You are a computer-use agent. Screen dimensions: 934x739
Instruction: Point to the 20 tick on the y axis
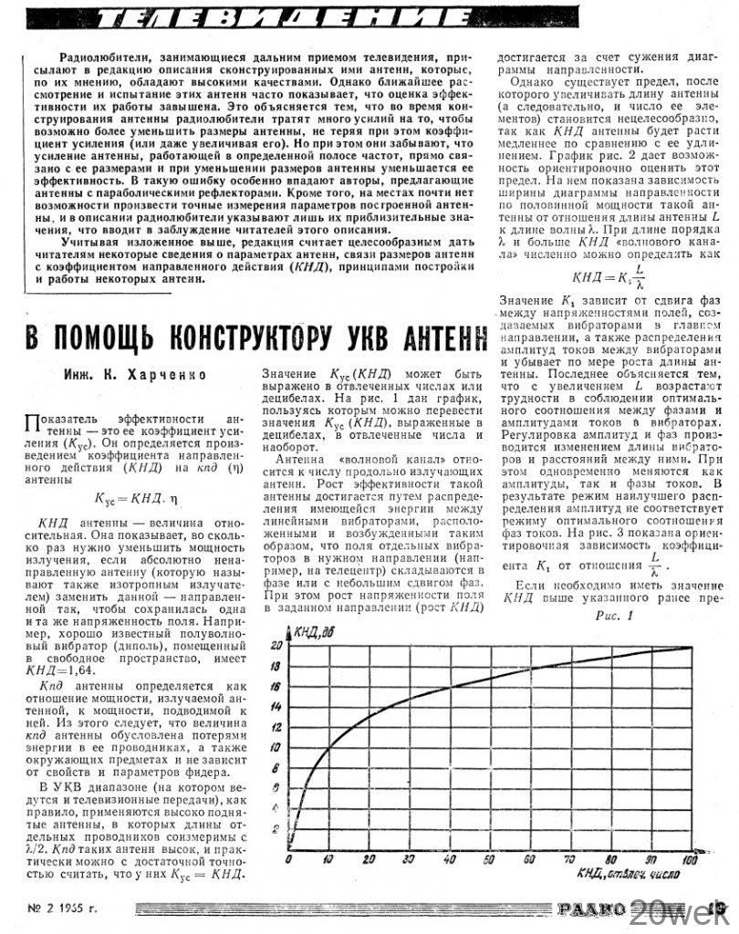pyautogui.click(x=277, y=646)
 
